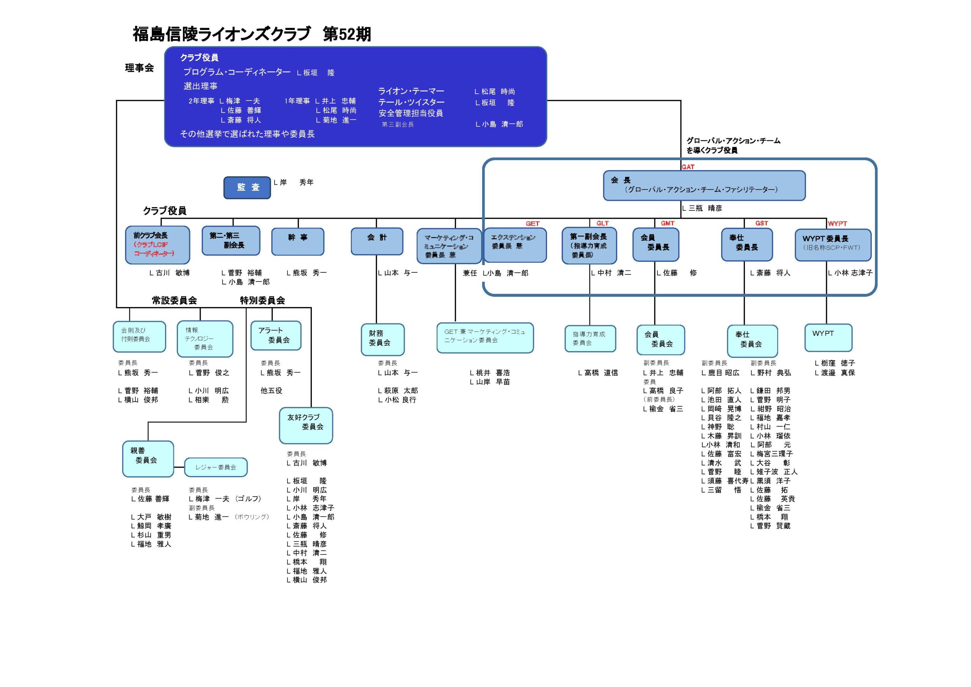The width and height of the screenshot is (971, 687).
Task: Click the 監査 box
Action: (247, 188)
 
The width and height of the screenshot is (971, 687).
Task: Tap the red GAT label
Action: (688, 167)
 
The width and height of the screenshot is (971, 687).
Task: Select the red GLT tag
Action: (602, 223)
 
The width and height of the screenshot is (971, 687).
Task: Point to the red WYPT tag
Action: (837, 224)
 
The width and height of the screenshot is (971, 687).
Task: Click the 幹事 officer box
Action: (298, 242)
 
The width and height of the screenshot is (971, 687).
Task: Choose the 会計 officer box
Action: (377, 242)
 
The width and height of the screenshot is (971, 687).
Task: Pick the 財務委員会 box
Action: (382, 339)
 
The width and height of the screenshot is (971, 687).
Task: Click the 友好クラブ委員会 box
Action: (306, 425)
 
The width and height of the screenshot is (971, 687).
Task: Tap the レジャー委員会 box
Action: (216, 467)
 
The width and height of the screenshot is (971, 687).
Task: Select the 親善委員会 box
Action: (148, 459)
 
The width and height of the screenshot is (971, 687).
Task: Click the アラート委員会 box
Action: (276, 336)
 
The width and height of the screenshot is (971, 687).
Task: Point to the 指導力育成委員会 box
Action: (590, 339)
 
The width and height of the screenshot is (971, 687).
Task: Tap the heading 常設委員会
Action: (174, 301)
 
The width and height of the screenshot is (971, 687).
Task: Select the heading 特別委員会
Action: (262, 301)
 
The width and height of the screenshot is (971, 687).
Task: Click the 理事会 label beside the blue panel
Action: (139, 68)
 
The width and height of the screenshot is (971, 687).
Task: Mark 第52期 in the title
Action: (347, 34)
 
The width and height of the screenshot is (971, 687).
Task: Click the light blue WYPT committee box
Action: (828, 338)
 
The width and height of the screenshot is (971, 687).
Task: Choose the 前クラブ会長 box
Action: (157, 245)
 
